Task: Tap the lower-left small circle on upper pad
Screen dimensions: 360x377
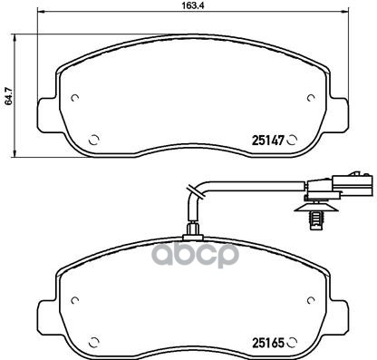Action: [97, 140]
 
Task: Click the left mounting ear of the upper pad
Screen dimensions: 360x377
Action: [42, 112]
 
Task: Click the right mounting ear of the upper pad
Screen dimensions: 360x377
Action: [336, 112]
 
